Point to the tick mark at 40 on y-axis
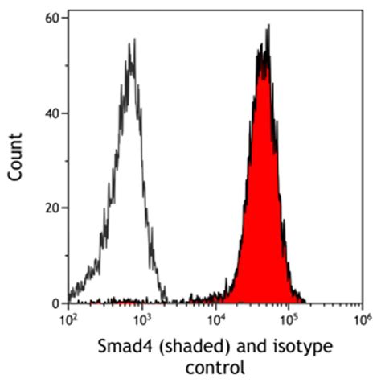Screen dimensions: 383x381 click(66, 113)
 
